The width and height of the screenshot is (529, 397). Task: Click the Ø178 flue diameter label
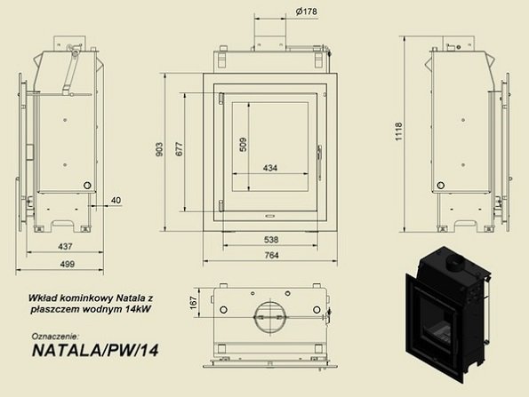coord(306,12)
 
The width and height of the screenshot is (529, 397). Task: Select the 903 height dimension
coord(159,149)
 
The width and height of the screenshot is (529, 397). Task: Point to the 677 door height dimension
coord(179,149)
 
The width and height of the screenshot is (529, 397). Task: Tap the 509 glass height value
coord(243,145)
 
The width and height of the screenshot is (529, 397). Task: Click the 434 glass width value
coord(270,168)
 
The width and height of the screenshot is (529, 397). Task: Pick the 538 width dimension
coord(271,240)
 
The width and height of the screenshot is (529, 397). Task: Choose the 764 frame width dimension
coord(271,255)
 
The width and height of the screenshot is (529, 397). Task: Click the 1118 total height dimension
coord(399,131)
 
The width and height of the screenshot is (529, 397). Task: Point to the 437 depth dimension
coord(65,246)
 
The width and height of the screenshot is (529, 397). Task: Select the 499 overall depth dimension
coord(68,264)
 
